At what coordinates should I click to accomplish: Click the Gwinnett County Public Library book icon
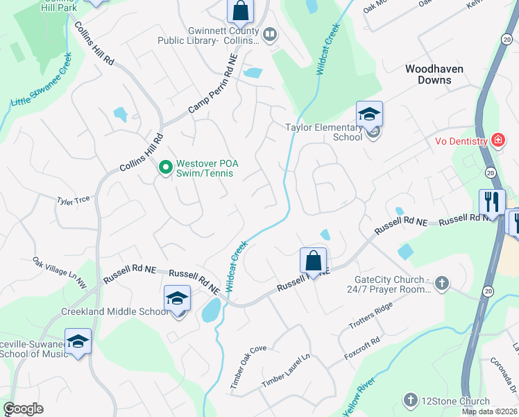[269, 33]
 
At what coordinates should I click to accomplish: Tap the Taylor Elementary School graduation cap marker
[369, 114]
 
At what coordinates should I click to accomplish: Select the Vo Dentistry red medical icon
[497, 140]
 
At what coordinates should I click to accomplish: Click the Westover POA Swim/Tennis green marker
[166, 167]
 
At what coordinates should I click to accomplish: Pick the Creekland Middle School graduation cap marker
[177, 299]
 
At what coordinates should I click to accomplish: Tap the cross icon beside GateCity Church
[442, 283]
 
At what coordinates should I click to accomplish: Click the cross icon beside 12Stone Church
[410, 400]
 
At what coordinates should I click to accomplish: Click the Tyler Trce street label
[73, 200]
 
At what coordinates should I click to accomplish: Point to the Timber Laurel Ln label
[284, 372]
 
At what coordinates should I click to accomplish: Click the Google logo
[23, 409]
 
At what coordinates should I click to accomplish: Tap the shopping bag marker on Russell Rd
[314, 261]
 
